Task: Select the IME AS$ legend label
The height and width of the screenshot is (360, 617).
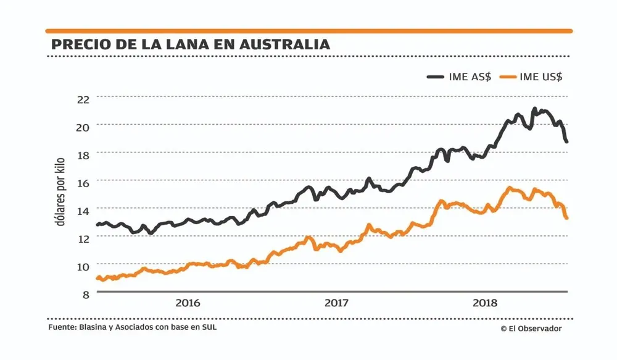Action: pyautogui.click(x=470, y=77)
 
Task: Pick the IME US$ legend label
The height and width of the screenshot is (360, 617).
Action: pyautogui.click(x=541, y=77)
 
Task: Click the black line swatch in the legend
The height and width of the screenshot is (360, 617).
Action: pyautogui.click(x=437, y=77)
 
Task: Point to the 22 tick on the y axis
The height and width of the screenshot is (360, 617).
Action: pyautogui.click(x=83, y=98)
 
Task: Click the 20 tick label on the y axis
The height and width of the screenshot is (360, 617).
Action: pyautogui.click(x=83, y=126)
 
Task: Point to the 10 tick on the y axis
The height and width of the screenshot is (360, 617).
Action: pyautogui.click(x=83, y=266)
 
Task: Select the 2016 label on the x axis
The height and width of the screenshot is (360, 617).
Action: pyautogui.click(x=188, y=303)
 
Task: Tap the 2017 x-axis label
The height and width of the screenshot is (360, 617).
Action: pyautogui.click(x=337, y=303)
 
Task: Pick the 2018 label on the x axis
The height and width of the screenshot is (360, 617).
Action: pyautogui.click(x=486, y=303)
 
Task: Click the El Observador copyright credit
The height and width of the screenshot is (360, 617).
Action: pyautogui.click(x=531, y=329)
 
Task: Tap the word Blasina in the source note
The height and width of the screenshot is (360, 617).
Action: pyautogui.click(x=94, y=327)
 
